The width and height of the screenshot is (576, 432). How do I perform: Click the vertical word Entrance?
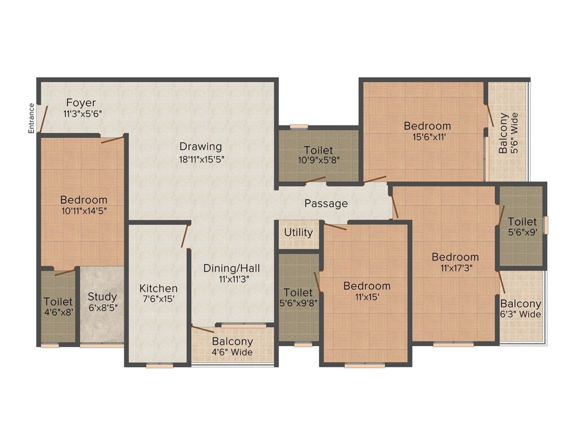(x=32, y=118)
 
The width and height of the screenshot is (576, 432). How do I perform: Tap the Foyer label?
(x=81, y=103)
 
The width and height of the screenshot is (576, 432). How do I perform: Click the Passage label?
(x=326, y=204)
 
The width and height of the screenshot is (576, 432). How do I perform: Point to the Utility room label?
(x=299, y=232)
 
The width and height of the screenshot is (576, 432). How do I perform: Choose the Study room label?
(x=102, y=296)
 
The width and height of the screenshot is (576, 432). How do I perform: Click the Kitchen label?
(x=159, y=288)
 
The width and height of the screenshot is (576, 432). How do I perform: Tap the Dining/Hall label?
(x=232, y=268)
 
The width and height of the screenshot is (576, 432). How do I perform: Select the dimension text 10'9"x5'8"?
(x=318, y=160)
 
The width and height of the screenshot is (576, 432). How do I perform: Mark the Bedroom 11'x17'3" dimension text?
(x=456, y=268)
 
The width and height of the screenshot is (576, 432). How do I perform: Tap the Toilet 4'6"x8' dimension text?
(x=58, y=312)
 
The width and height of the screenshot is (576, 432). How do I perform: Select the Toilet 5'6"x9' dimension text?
(x=522, y=231)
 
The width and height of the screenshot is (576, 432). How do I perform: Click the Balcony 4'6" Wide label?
(x=233, y=352)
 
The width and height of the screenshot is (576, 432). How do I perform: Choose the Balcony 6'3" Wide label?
(x=521, y=314)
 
